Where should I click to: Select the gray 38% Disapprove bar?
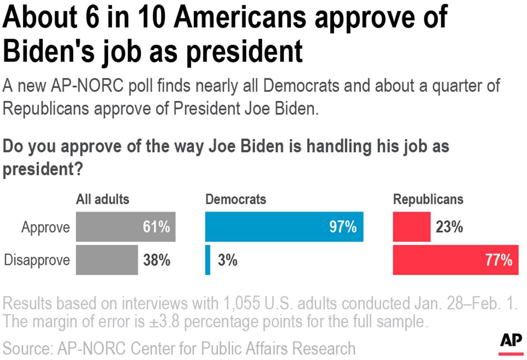(x=107, y=260)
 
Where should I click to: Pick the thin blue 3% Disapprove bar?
(x=208, y=260)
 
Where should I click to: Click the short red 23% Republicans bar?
(x=412, y=227)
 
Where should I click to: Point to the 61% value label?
(x=156, y=227)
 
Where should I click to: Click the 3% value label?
(x=227, y=260)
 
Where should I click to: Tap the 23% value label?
(x=449, y=227)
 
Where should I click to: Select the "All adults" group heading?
(x=103, y=200)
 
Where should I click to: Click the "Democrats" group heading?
(x=236, y=200)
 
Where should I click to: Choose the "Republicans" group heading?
(x=428, y=200)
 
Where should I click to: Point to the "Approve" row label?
(x=46, y=228)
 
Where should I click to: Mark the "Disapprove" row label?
(x=37, y=260)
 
